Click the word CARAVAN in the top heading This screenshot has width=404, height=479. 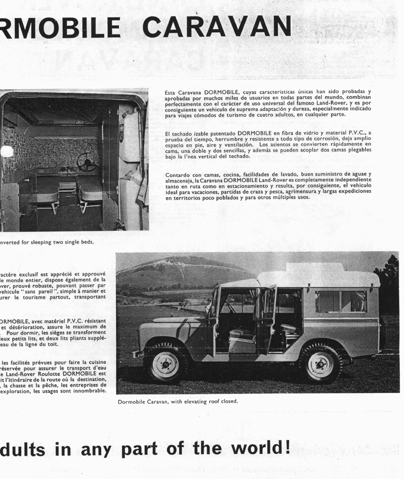click(220, 27)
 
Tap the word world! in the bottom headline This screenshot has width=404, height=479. click(258, 448)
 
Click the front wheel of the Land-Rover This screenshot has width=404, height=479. click(165, 365)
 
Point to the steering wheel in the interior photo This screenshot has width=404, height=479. click(87, 161)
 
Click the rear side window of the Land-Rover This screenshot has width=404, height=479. click(341, 301)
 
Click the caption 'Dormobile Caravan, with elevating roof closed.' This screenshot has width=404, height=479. click(178, 401)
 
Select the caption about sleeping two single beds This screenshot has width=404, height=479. click(47, 242)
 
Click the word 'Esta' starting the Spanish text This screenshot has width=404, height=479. click(171, 92)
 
